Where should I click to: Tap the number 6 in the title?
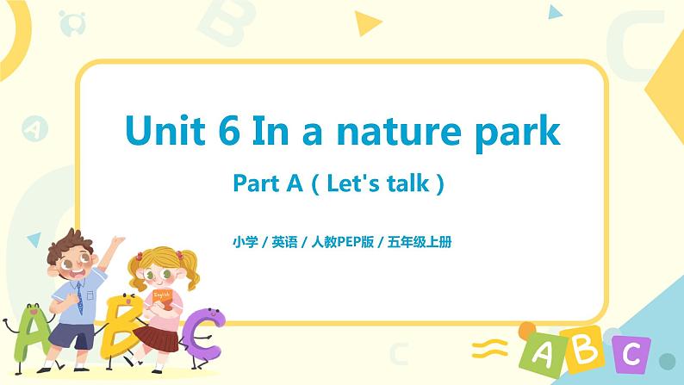[234, 131]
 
